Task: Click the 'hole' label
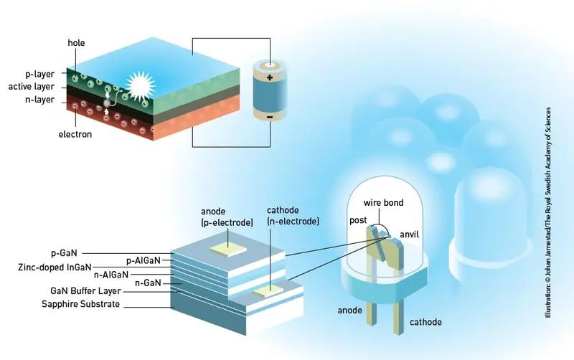click(76, 43)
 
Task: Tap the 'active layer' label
click(31, 87)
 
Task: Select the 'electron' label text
click(75, 134)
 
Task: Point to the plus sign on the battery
click(270, 77)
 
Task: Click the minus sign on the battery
click(270, 117)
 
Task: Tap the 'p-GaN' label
click(64, 253)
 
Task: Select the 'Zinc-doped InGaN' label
click(55, 267)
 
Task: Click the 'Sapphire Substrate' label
click(80, 304)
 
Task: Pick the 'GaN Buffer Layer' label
click(85, 291)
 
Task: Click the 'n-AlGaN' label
click(111, 275)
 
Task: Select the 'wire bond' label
click(383, 203)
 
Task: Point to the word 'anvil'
click(409, 235)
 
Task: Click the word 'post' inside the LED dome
click(358, 220)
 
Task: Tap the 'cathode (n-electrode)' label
click(293, 216)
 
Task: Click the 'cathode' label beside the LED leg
click(425, 322)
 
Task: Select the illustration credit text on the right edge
click(548, 212)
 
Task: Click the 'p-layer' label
click(39, 74)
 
